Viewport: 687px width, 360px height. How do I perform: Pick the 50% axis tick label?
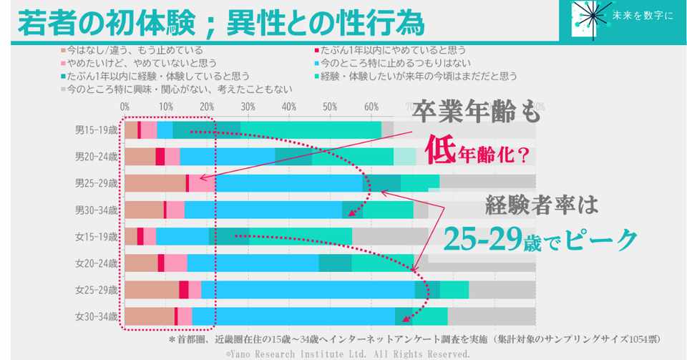click(x=331, y=107)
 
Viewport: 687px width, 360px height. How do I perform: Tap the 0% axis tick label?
click(x=125, y=107)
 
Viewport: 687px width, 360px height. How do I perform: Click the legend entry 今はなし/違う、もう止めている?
click(x=133, y=51)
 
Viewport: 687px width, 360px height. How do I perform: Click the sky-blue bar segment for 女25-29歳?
click(x=308, y=290)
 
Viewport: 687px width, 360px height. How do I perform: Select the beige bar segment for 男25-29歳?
click(x=155, y=183)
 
